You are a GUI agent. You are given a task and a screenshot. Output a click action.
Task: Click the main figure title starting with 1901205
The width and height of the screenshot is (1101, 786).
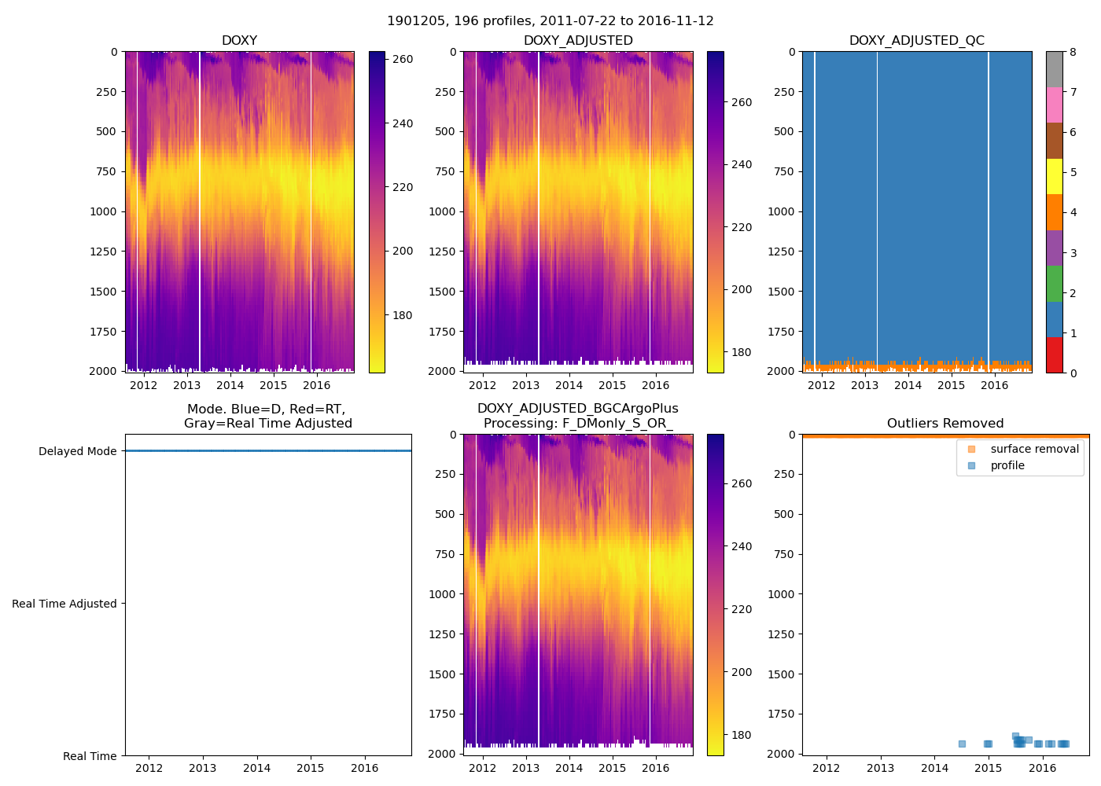coord(550,21)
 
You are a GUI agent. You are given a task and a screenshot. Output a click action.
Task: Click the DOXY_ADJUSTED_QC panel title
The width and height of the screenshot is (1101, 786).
coord(916,41)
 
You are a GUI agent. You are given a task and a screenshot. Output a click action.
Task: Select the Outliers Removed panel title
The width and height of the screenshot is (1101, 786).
coord(945,424)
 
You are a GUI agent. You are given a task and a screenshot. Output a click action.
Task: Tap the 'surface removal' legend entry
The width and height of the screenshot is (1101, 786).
coord(1034,450)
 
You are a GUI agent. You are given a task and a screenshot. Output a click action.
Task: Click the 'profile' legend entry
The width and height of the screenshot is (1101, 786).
coord(1007,466)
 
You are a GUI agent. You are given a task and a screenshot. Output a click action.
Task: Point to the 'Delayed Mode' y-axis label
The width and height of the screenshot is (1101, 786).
coord(77,452)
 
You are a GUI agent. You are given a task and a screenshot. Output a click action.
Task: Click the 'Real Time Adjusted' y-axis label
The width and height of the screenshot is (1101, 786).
coord(64,604)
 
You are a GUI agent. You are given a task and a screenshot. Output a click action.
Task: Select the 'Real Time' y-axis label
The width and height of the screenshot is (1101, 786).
coord(90,757)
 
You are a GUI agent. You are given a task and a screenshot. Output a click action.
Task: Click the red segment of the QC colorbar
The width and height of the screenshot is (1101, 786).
coord(1054,355)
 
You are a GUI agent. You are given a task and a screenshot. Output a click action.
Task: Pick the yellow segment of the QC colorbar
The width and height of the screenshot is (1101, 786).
coord(1054,176)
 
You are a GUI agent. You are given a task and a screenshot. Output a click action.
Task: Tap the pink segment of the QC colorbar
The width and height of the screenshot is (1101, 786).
coord(1054,105)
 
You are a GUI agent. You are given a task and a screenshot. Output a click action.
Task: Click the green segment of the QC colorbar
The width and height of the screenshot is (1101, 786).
coord(1054,284)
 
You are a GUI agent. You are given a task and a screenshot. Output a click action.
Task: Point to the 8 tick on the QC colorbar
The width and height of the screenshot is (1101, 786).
coord(1073,53)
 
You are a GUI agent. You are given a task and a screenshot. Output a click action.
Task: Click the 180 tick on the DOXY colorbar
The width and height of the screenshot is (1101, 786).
coord(403,316)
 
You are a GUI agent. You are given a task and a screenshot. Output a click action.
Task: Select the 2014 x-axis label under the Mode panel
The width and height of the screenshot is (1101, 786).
coord(256,768)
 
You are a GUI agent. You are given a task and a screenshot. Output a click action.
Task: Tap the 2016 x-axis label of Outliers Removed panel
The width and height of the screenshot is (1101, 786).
coord(1043,768)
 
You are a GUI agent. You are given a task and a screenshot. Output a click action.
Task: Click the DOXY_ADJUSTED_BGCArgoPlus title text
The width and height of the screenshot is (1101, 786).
coord(577,409)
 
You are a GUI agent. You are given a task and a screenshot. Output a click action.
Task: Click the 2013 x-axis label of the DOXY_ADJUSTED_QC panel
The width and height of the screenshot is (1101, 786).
coord(864,385)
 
